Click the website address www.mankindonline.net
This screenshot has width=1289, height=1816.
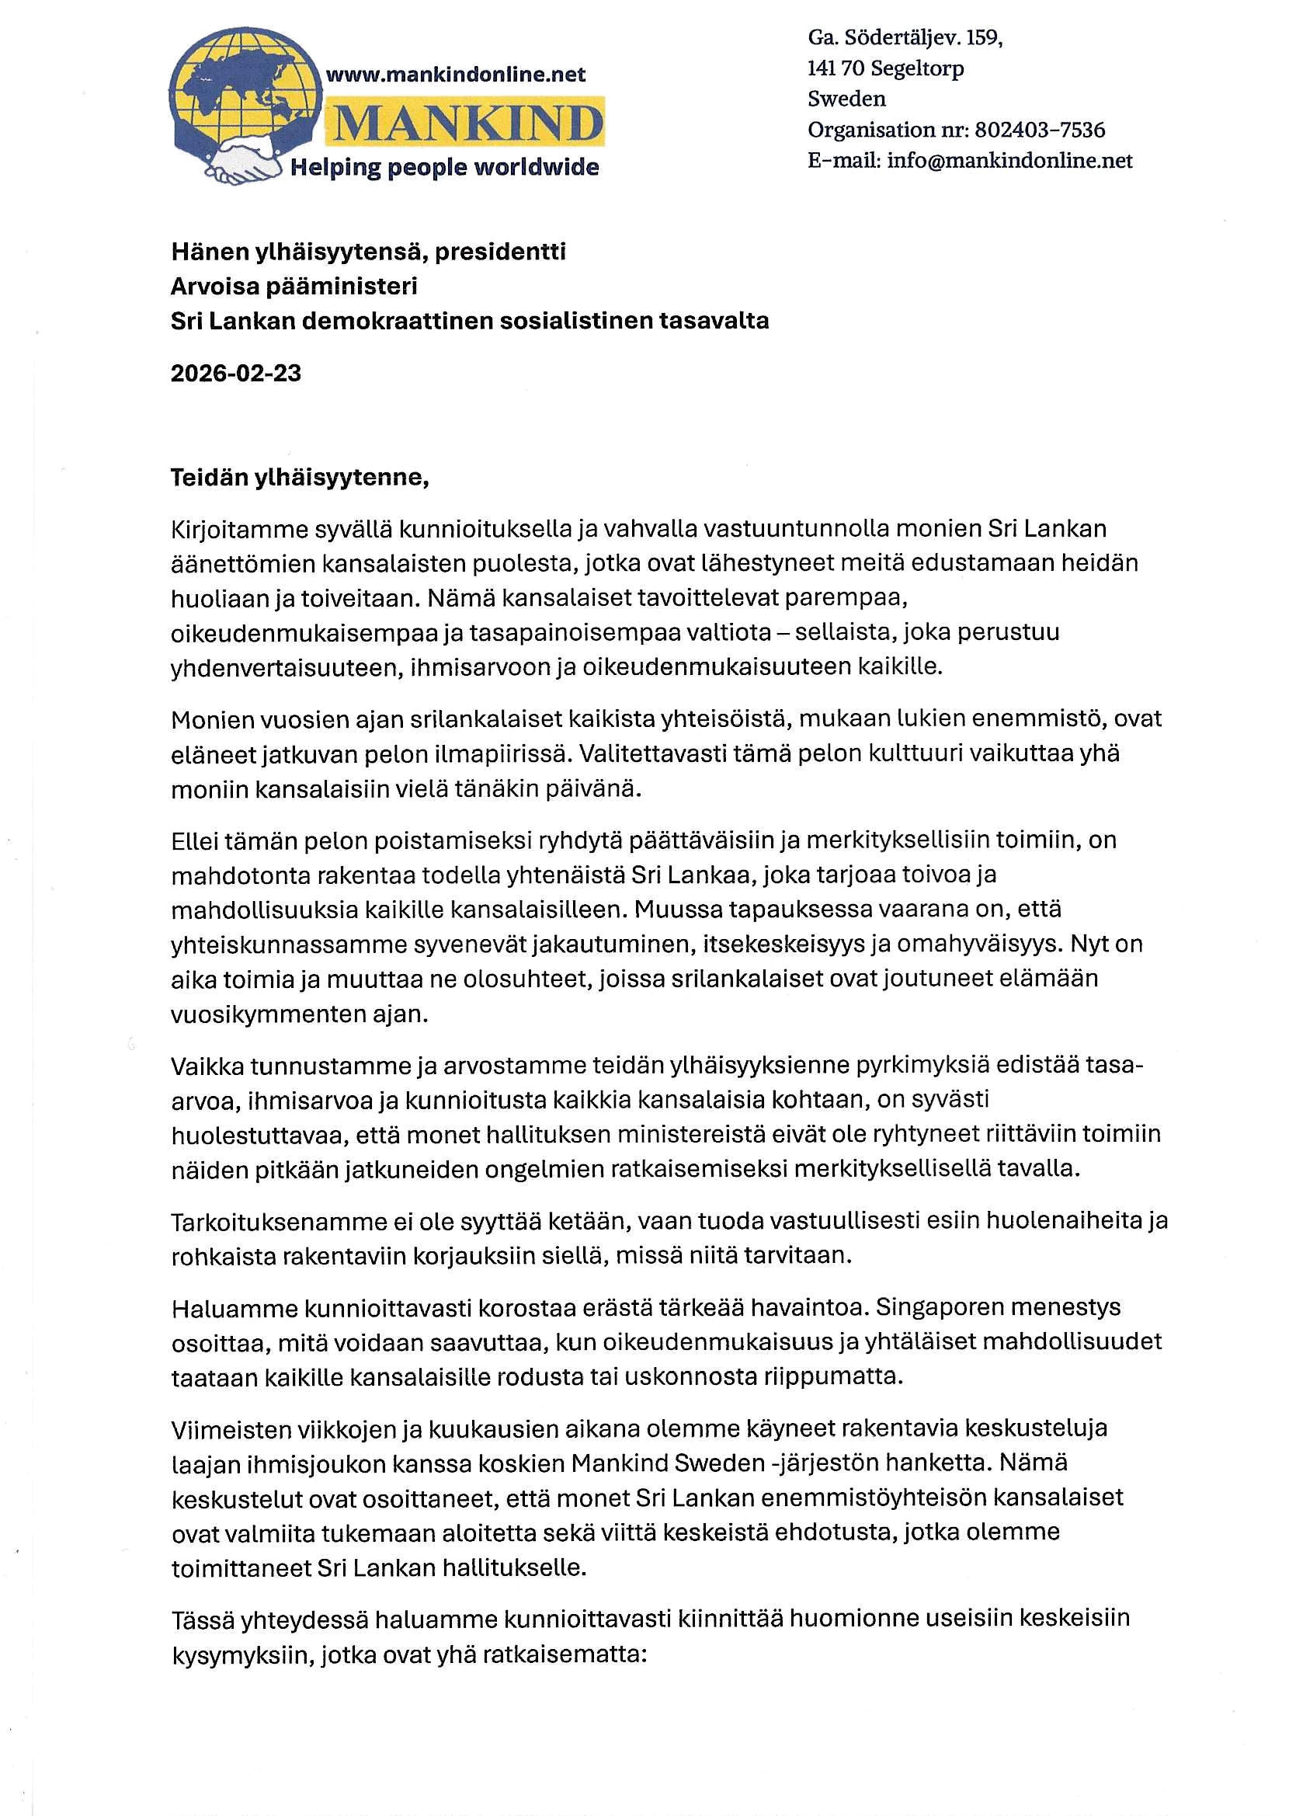pos(456,75)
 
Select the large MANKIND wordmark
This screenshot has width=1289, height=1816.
pos(468,123)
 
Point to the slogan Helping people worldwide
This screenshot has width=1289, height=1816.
pos(444,168)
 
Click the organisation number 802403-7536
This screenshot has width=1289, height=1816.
pos(1040,130)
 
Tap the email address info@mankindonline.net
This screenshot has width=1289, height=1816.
pos(1009,160)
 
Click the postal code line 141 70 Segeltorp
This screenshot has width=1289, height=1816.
pos(886,68)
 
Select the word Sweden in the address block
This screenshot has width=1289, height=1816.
pos(847,99)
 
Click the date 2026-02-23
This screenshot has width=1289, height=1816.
pos(236,373)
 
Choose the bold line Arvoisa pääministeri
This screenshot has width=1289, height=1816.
pos(294,286)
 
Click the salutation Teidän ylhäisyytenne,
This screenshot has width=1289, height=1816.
pos(300,477)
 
